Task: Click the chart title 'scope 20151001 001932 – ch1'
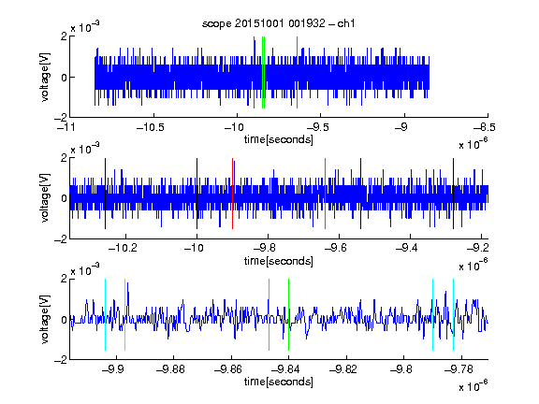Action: (279, 23)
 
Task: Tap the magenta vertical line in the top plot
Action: (297, 73)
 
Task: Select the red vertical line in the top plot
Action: (254, 73)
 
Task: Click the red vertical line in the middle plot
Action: (232, 194)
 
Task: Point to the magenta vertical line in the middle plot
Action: (326, 194)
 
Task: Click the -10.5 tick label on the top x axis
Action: (151, 128)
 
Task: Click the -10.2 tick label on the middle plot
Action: (123, 247)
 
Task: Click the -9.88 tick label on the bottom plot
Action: (170, 369)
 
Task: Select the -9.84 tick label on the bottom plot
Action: (285, 369)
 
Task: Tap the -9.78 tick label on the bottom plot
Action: (458, 369)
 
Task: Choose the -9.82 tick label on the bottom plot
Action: (343, 369)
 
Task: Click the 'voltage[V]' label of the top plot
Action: (45, 77)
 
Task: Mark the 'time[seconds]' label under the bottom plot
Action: (279, 382)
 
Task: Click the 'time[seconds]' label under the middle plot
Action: (279, 261)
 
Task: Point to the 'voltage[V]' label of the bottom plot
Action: (45, 320)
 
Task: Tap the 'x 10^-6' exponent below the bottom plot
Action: (473, 385)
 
